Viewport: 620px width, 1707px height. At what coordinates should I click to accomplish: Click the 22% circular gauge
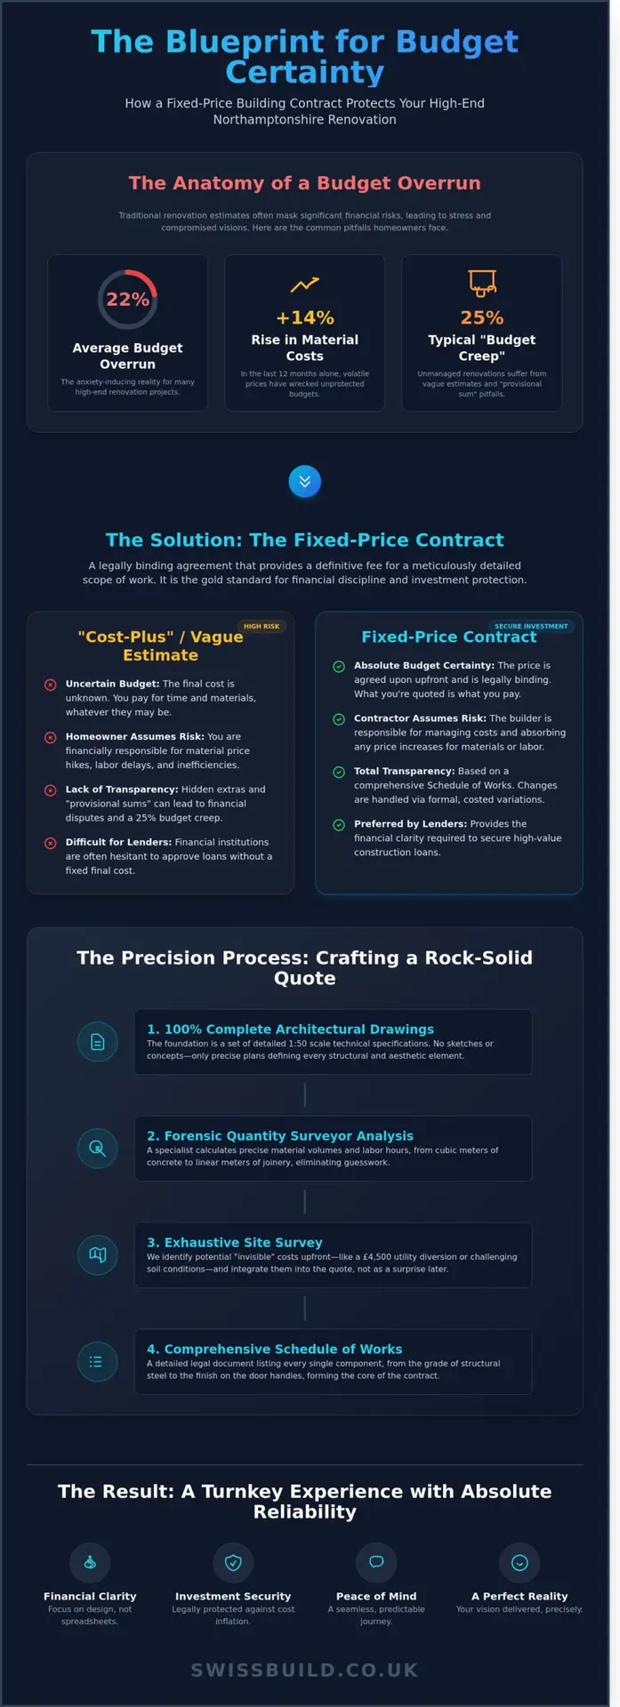coord(127,300)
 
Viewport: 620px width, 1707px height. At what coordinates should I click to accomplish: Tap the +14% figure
coord(304,317)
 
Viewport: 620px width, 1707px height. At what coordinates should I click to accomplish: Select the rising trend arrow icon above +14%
coord(304,284)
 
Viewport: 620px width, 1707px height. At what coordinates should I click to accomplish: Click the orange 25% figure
coord(481,317)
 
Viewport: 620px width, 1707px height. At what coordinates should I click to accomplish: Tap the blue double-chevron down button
coord(304,481)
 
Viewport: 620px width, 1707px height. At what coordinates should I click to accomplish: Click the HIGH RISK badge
coord(262,626)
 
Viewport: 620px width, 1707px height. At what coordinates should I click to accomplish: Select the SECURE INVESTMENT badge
coord(531,626)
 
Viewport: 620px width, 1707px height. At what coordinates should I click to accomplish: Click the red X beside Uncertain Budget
coord(51,685)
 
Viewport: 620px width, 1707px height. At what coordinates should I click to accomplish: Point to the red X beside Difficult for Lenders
coord(51,843)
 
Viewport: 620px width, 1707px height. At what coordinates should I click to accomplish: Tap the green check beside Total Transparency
coord(339,772)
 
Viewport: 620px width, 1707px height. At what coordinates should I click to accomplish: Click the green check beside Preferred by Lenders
coord(339,825)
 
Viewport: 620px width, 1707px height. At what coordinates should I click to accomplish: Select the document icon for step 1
coord(98,1042)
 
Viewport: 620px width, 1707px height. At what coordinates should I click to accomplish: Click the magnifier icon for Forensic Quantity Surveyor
coord(98,1149)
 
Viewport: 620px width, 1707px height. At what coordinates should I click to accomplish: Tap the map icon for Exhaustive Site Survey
coord(98,1254)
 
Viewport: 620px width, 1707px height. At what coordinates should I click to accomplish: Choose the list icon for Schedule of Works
coord(98,1361)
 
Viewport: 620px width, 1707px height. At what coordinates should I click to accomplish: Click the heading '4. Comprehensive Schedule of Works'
coord(274,1349)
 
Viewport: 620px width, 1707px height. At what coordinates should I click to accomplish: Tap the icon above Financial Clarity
coord(90,1562)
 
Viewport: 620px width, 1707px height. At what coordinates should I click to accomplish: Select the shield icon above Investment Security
coord(233,1562)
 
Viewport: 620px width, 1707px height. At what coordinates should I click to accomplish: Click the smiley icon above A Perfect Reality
coord(519,1562)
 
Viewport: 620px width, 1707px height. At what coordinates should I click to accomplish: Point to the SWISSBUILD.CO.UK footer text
coord(304,1670)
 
